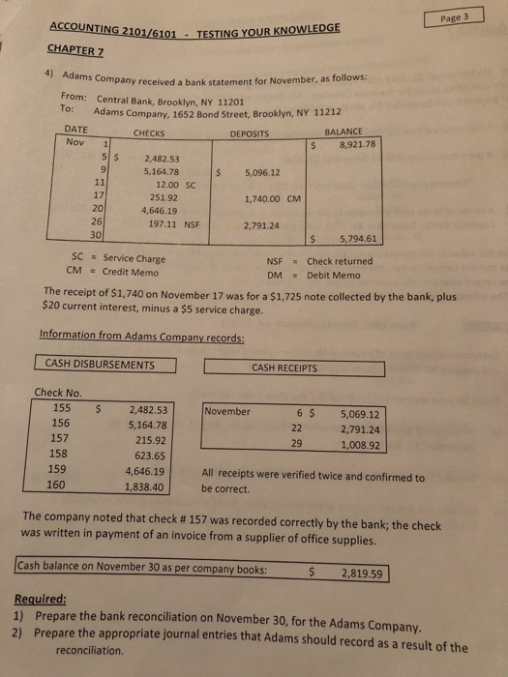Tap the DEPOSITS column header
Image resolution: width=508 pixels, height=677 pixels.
tap(250, 134)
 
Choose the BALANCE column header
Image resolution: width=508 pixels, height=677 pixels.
tap(344, 134)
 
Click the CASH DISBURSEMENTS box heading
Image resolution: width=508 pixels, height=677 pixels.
tap(100, 364)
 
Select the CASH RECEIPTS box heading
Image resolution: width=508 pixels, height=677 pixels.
tap(284, 368)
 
